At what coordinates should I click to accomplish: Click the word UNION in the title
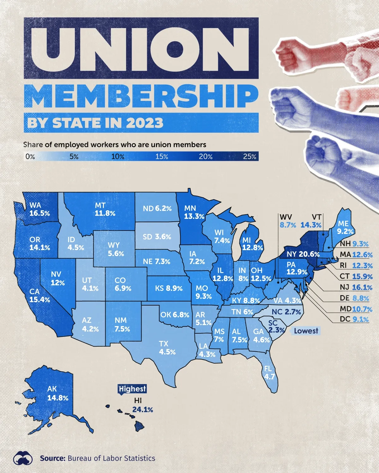(141, 48)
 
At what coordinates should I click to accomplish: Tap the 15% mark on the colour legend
(161, 156)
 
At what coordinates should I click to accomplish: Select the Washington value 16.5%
(40, 213)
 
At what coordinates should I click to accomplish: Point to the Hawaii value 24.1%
(142, 410)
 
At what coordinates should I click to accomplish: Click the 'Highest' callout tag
(132, 389)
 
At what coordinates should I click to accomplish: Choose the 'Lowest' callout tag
(306, 331)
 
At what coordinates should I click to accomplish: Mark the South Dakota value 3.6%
(163, 237)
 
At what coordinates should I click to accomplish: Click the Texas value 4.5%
(167, 352)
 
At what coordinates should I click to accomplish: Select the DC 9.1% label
(360, 319)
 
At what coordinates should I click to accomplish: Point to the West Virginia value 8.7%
(288, 225)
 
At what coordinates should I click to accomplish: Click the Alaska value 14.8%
(58, 398)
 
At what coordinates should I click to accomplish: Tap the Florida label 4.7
(269, 377)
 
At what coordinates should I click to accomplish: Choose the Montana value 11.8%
(105, 213)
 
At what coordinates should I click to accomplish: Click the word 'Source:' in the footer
(52, 458)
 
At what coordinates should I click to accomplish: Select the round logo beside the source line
(23, 458)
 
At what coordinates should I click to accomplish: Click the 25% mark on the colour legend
(250, 156)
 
